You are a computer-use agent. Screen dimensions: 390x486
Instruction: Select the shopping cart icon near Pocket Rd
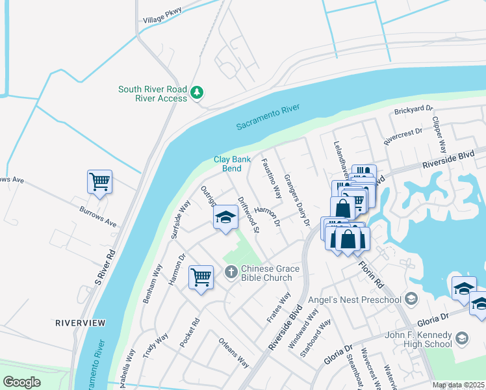pos(201,278)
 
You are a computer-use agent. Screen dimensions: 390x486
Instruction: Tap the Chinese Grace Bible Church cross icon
pos(230,271)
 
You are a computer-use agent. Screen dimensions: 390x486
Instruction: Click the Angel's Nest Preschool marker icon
pos(410,298)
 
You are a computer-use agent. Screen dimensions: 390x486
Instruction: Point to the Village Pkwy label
pos(162,19)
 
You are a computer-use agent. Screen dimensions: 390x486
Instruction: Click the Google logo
pos(21,382)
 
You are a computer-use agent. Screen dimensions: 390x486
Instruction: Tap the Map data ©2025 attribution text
pos(459,385)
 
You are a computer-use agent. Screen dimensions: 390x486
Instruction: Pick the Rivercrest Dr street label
pos(402,135)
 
